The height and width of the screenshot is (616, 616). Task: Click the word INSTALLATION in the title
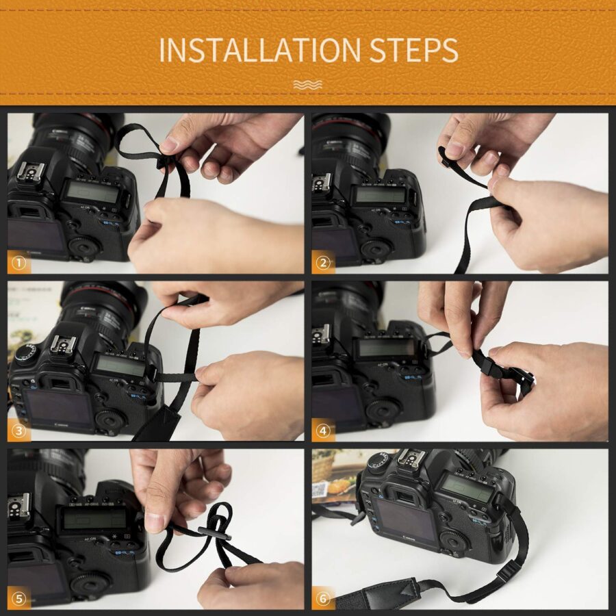point(259,50)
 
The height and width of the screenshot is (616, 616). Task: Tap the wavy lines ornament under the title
point(307,84)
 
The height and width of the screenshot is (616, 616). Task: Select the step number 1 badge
point(18,262)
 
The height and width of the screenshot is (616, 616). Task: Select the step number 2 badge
point(323,262)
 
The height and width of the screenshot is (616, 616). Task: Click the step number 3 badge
point(18,431)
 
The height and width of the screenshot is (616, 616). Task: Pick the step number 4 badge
point(323,431)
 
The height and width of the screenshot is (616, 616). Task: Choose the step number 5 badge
point(18,598)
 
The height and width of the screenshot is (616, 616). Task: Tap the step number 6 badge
point(323,598)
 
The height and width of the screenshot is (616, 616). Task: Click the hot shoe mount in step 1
point(31,172)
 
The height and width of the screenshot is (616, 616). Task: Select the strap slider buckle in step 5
point(214,533)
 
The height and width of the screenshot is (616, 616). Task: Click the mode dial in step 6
point(379,463)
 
